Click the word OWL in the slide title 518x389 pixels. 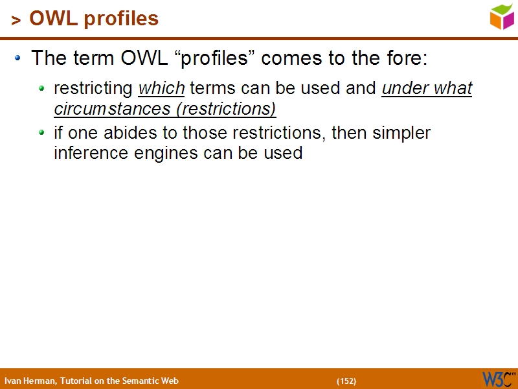52,19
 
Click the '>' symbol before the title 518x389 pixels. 16,21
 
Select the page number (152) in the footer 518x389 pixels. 346,381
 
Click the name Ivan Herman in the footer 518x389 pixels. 30,381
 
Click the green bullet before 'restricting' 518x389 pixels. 42,88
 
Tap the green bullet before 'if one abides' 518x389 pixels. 42,132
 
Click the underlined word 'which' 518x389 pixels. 161,88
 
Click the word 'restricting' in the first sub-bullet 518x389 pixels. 93,88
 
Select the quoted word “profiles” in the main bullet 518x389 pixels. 215,58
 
